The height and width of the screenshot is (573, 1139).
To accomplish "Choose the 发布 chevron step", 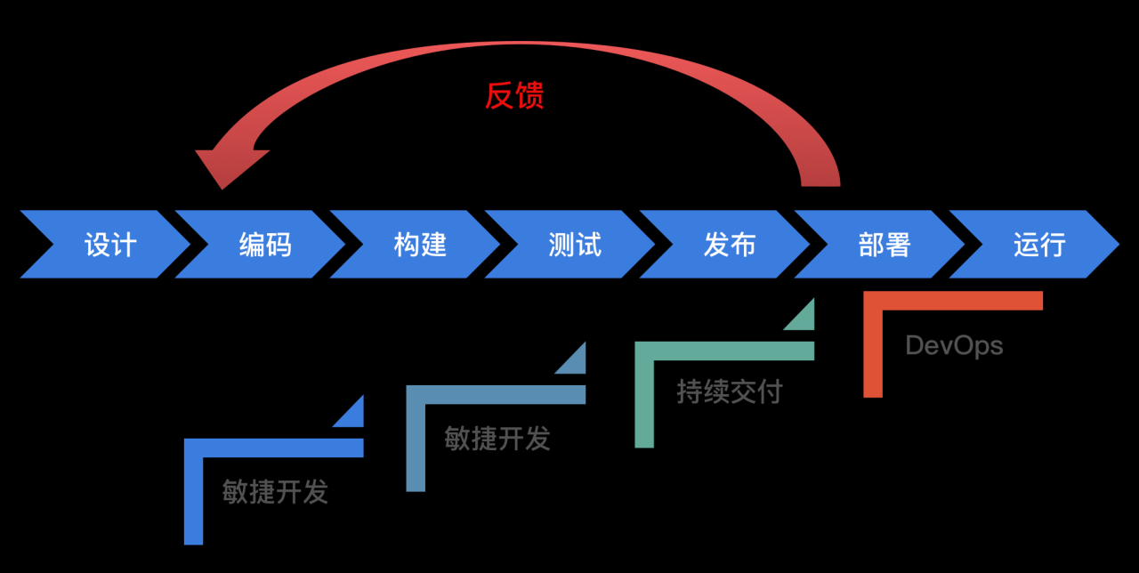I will pos(729,245).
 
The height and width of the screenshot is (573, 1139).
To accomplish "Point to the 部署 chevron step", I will pos(884,245).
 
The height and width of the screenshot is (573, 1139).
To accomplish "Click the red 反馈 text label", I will pos(513,95).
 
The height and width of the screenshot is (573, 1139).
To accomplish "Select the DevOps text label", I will pos(954,346).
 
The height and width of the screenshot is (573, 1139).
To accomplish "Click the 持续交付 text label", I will pos(729,391).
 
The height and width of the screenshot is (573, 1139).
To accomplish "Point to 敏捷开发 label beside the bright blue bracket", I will pos(275,492).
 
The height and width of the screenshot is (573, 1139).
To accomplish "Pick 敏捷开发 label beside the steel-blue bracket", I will pos(497,438).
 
